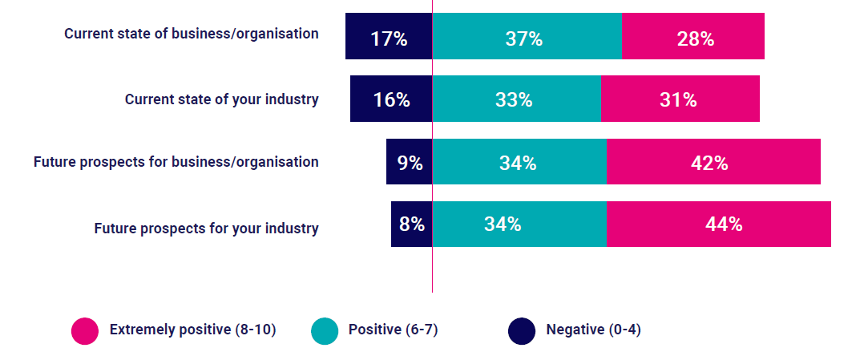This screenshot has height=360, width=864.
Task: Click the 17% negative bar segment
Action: (x=389, y=37)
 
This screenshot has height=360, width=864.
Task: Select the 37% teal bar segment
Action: (x=527, y=37)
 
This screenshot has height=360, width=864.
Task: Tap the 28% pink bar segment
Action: (x=692, y=37)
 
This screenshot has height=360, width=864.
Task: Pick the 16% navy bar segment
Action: (x=391, y=99)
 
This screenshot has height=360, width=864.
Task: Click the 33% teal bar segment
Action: (x=516, y=99)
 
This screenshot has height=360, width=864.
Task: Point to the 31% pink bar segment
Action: (x=680, y=99)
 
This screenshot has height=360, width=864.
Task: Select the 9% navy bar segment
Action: (x=409, y=162)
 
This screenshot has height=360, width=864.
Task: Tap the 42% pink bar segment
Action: (x=713, y=162)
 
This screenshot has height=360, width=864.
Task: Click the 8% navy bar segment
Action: (x=411, y=224)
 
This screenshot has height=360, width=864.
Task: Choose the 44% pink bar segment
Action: (x=718, y=224)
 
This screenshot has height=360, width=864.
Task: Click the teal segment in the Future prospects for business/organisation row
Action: (x=519, y=162)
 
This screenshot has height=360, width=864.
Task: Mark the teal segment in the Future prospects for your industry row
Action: (x=519, y=224)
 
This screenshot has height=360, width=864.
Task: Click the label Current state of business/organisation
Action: (x=192, y=34)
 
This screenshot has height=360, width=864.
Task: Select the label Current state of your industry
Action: (x=222, y=99)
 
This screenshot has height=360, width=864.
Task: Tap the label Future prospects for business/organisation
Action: (x=176, y=162)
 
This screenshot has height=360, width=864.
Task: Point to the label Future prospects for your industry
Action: (x=207, y=228)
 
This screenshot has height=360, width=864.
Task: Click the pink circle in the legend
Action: (x=85, y=330)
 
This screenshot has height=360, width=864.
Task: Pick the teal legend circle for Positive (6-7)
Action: (x=324, y=330)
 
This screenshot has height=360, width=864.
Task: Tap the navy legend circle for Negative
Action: (x=522, y=330)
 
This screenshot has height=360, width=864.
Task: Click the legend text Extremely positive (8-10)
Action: (x=193, y=330)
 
